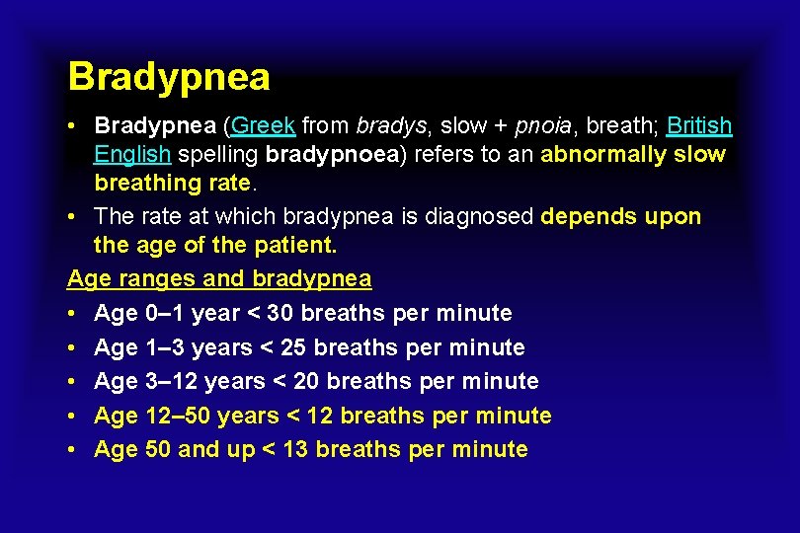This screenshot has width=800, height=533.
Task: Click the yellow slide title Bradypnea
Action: [169, 77]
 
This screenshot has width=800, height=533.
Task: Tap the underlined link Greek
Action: [263, 126]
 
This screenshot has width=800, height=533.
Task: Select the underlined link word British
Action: [699, 126]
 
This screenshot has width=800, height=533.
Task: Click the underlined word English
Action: [132, 155]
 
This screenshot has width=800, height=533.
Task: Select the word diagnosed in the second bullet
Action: [486, 216]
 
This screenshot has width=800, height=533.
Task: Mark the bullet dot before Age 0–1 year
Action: [73, 314]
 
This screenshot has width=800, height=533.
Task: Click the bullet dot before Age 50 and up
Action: [73, 450]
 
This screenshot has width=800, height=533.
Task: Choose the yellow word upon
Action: [673, 216]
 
